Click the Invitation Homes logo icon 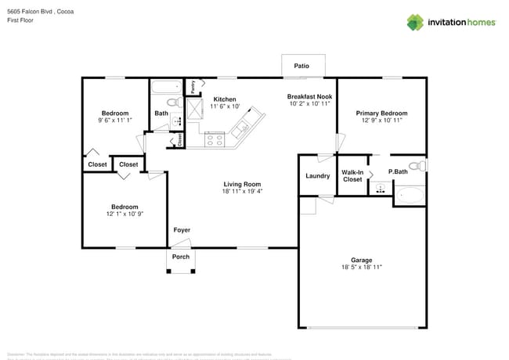point(415,22)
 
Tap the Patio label point(301,67)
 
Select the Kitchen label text point(225,99)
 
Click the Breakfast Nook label point(309,96)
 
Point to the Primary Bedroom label point(381,113)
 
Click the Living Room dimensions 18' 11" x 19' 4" point(242,190)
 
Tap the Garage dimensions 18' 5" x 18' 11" point(361,267)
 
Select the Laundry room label point(317,176)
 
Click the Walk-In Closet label point(352,175)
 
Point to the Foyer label point(182,230)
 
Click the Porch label point(181,257)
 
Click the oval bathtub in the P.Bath point(410,195)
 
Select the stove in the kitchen point(215,140)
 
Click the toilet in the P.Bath point(421,166)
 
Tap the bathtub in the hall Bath point(166,87)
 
